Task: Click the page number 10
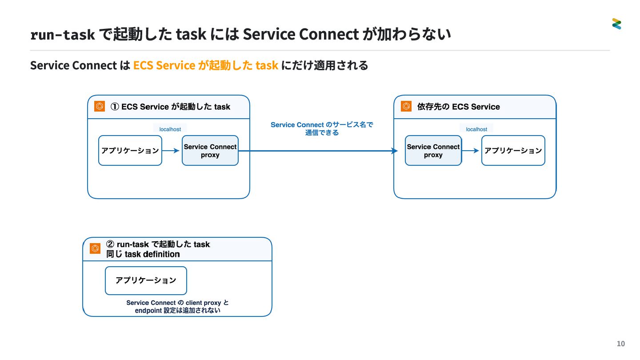pyautogui.click(x=620, y=344)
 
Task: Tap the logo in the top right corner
pyautogui.click(x=616, y=24)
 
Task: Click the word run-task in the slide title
pyautogui.click(x=63, y=35)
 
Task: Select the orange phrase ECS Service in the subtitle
pyautogui.click(x=164, y=65)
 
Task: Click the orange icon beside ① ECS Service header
pyautogui.click(x=100, y=106)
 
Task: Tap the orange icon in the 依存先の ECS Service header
pyautogui.click(x=406, y=106)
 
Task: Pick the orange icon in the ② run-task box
pyautogui.click(x=95, y=248)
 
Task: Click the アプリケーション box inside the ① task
pyautogui.click(x=130, y=151)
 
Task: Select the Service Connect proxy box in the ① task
pyautogui.click(x=210, y=151)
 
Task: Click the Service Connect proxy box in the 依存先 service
pyautogui.click(x=433, y=151)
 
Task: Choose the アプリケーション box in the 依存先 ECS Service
pyautogui.click(x=513, y=151)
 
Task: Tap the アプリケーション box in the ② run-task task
pyautogui.click(x=146, y=280)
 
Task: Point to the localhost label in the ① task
pyautogui.click(x=170, y=129)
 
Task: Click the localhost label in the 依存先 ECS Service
pyautogui.click(x=476, y=129)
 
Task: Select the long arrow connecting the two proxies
pyautogui.click(x=318, y=151)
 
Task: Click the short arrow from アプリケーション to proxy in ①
pyautogui.click(x=171, y=151)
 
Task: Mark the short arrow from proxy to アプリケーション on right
pyautogui.click(x=470, y=151)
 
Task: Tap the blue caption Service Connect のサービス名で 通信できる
pyautogui.click(x=322, y=128)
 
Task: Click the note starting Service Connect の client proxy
pyautogui.click(x=177, y=307)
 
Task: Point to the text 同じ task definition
pyautogui.click(x=143, y=254)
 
